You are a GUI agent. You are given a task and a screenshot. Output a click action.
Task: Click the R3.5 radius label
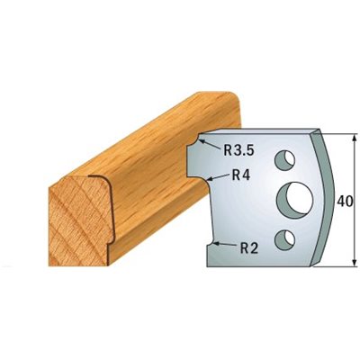pos(239,150)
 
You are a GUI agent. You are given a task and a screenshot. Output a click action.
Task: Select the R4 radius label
pos(241,175)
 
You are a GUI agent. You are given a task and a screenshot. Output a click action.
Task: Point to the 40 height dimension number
pos(345,201)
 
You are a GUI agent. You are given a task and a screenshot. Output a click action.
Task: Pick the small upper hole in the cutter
pos(284,158)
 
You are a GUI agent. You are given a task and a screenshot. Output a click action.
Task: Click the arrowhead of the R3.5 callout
pos(202,141)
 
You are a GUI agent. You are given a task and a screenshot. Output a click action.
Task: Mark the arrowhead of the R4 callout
pos(211,180)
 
